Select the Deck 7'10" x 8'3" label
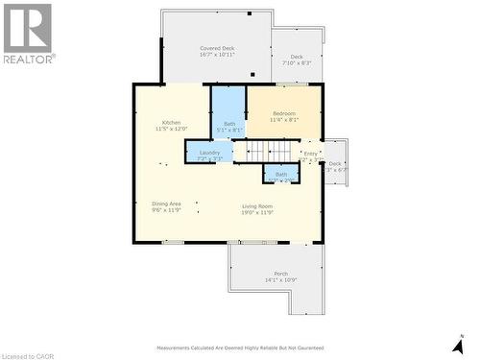[x=297, y=60]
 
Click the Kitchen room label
[x=171, y=122]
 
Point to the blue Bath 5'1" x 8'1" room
[x=229, y=115]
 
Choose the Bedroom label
[x=284, y=114]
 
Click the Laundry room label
[x=209, y=153]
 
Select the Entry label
[x=310, y=153]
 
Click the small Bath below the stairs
[x=281, y=175]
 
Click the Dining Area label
[x=167, y=204]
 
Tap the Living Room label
[x=257, y=206]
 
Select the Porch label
[x=280, y=274]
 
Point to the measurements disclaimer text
[x=239, y=348]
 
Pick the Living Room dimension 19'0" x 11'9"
[x=257, y=213]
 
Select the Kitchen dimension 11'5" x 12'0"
[x=171, y=129]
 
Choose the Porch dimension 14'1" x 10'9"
[x=280, y=280]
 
